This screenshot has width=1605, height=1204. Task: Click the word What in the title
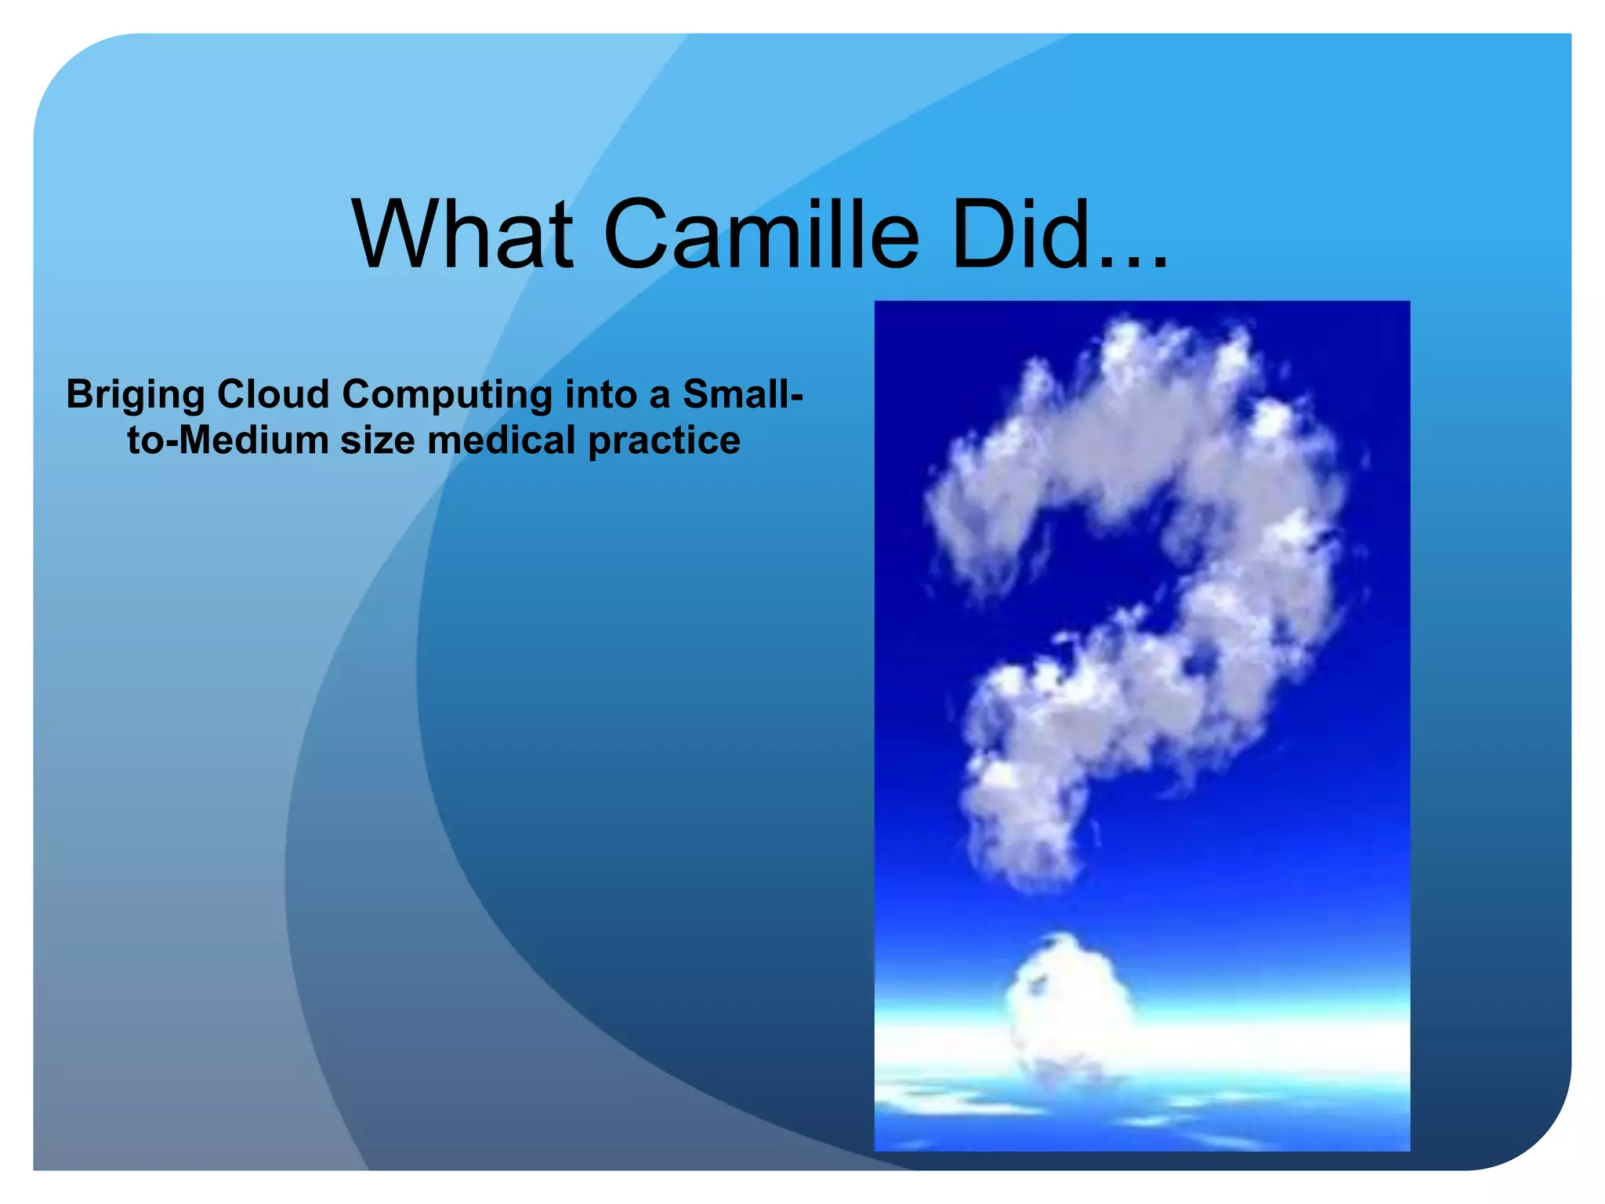[462, 235]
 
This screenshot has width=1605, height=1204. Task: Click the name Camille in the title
[760, 235]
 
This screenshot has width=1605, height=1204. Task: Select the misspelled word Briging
[135, 395]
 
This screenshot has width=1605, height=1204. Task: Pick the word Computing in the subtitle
[447, 395]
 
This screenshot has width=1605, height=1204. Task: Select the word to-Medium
[227, 441]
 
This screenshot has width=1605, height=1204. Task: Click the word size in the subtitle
[377, 441]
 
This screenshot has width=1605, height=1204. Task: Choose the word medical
[502, 441]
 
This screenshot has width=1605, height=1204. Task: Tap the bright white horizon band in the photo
[1254, 1043]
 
